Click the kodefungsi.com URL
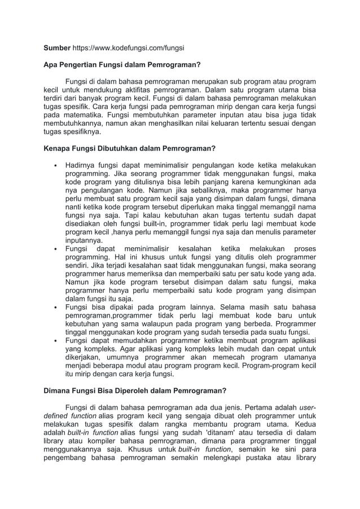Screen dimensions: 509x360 (x=130, y=48)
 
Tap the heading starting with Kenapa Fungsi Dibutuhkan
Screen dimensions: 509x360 (x=130, y=149)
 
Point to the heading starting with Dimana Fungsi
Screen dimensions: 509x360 (x=135, y=390)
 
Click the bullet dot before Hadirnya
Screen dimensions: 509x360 (x=54, y=166)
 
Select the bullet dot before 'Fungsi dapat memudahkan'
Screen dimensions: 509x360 (x=54, y=341)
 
